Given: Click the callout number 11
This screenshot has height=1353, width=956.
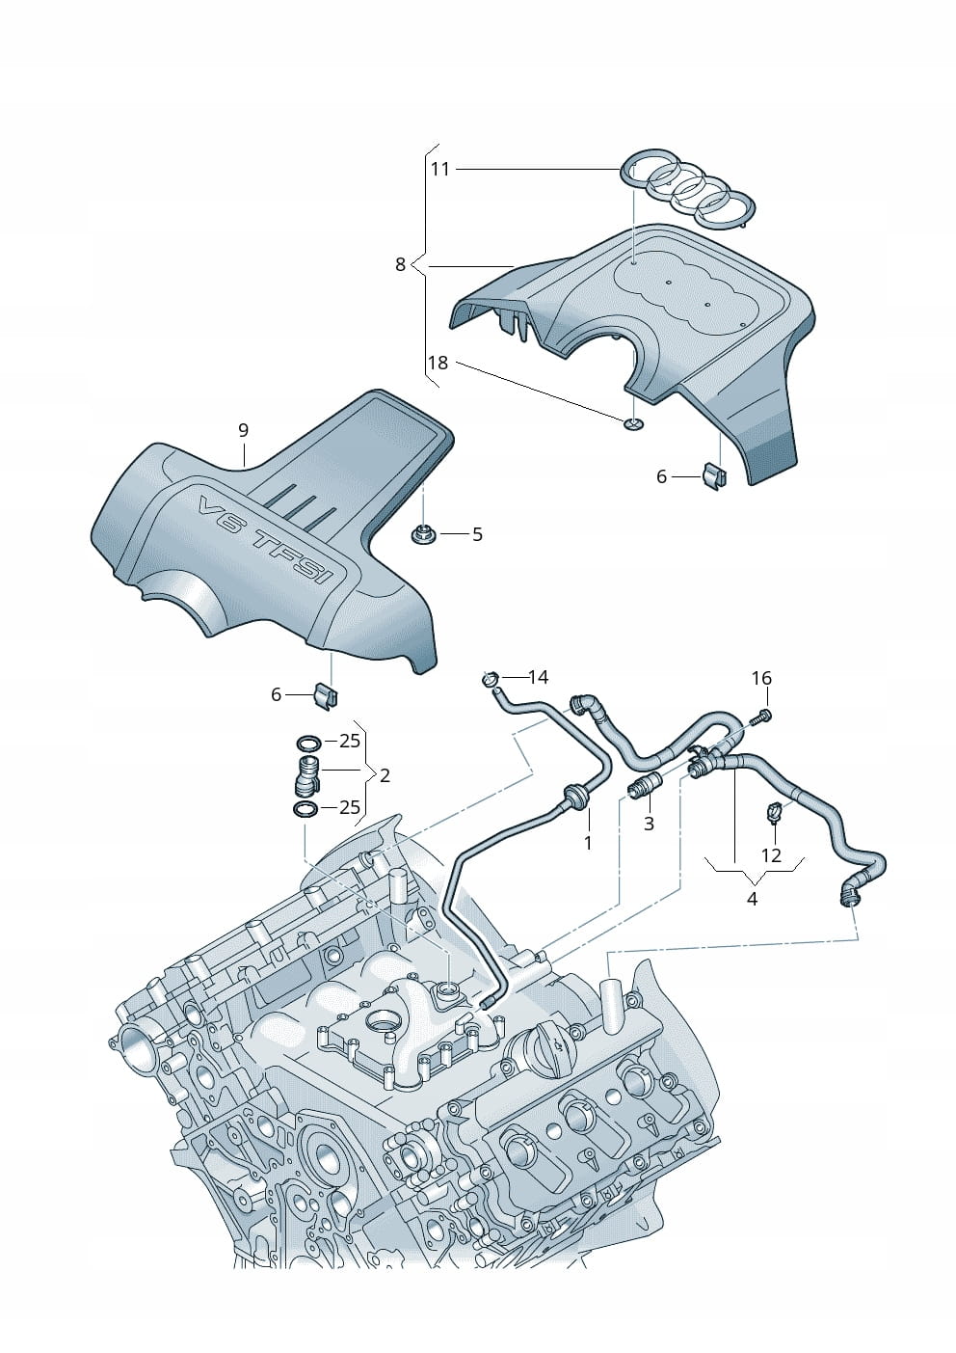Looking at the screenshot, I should pos(439,169).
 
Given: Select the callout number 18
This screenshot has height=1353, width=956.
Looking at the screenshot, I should pos(438,363).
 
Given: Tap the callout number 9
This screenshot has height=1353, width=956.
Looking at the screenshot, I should pos(243,429).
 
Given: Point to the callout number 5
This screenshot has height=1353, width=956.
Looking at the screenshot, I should pos(477,533).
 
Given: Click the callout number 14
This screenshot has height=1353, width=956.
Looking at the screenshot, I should pos(538,677).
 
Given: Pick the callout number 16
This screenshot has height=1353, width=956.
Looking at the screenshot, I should pos(761,678).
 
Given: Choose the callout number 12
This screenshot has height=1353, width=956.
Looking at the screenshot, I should pos(771,854).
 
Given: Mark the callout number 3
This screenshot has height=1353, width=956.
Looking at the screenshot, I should pos(649,824).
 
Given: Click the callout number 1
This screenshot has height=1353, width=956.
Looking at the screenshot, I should pos(588,842).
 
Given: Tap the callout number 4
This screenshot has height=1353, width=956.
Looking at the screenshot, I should pos(752,899).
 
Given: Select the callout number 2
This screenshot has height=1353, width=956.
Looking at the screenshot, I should pos(385,774).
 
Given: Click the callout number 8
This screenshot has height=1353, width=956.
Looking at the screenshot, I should pos(400,263).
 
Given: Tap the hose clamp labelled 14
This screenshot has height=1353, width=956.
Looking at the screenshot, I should pos(491,680).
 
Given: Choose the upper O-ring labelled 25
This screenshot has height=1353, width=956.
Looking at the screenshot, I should pos(308,743).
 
